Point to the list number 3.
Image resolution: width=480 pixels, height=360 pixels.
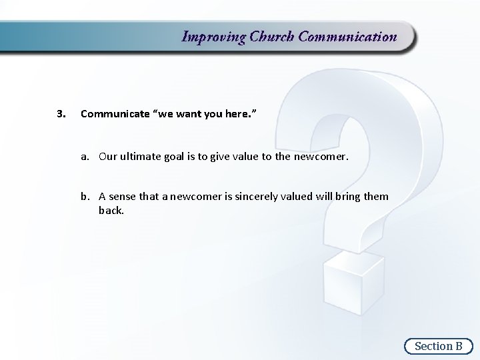point(61,114)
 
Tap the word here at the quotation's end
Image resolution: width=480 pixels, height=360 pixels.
point(237,114)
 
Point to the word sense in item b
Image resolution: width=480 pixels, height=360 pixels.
point(123,196)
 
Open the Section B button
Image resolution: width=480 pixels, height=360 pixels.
point(438,345)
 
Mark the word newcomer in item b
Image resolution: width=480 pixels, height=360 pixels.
point(192,196)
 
